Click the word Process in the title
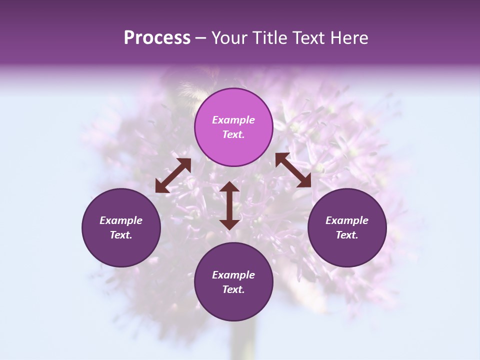157,38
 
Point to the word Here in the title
349,38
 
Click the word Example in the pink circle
233,120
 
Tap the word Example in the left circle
121,220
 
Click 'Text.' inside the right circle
347,235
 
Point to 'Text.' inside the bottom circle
233,289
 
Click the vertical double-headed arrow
229,205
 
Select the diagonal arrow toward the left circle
173,175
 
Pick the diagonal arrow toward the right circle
293,170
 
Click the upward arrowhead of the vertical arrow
229,188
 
